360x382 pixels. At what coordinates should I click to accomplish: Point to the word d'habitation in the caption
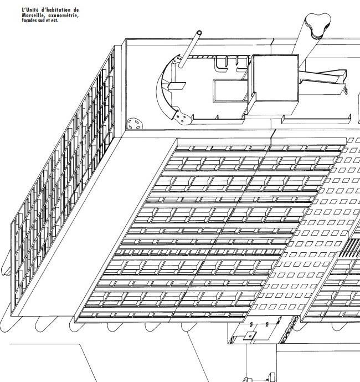pos(54,11)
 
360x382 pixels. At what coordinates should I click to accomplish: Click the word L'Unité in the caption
pos(29,11)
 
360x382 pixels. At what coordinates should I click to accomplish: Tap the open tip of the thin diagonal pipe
pos(199,34)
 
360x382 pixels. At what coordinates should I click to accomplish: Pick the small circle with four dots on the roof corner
pos(133,123)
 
